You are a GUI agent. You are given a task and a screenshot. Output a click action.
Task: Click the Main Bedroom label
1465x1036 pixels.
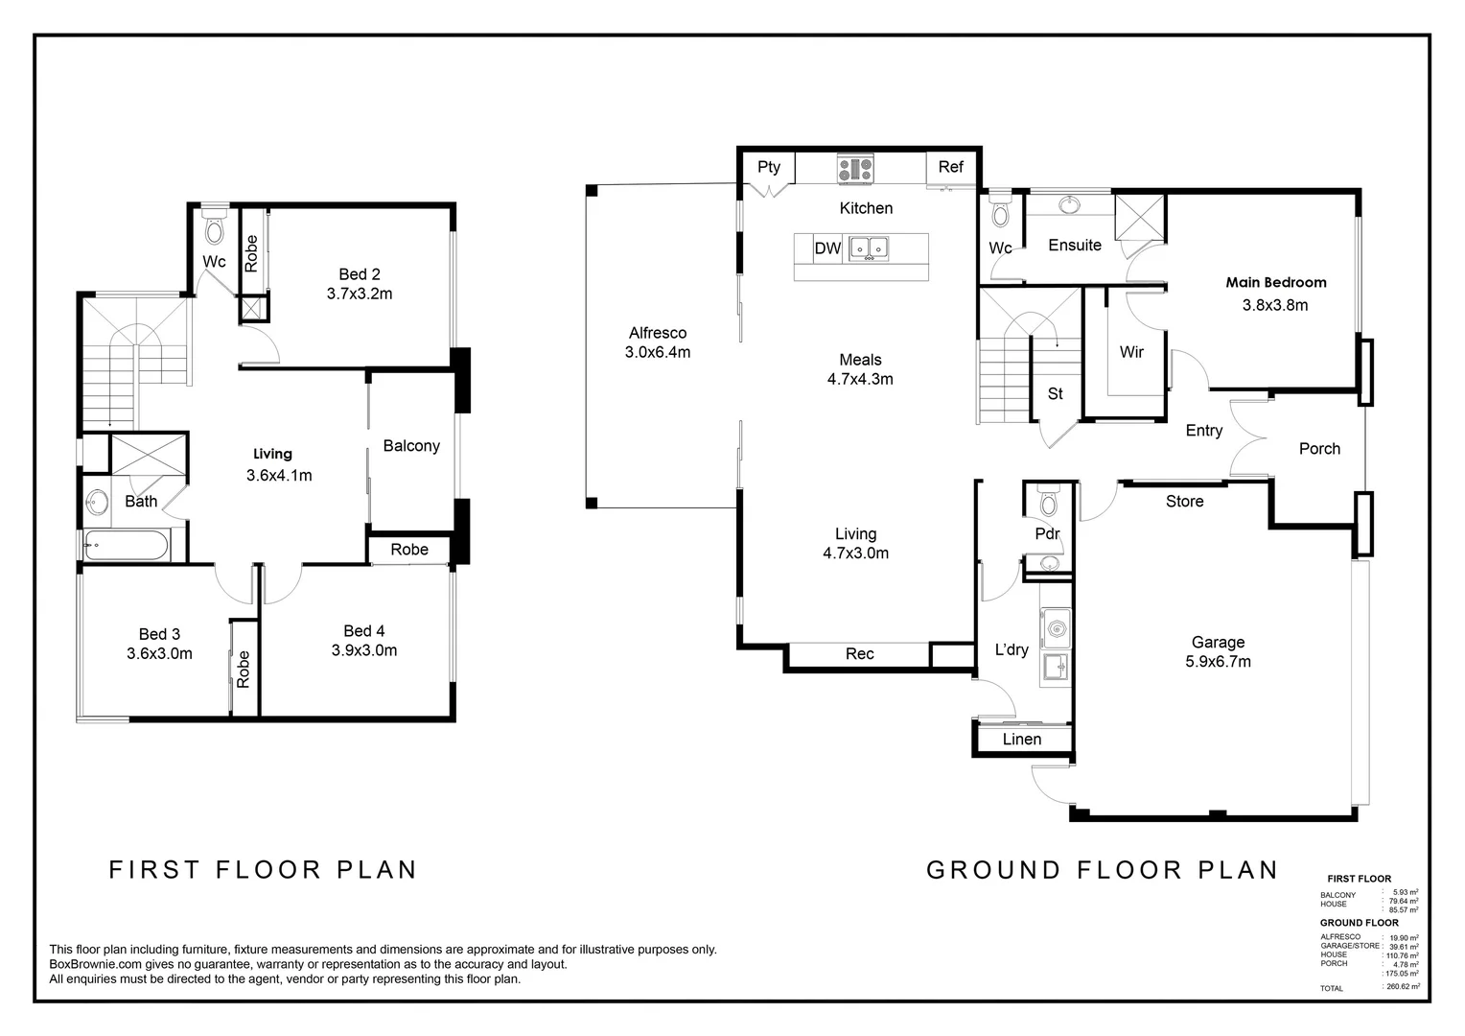click(1275, 282)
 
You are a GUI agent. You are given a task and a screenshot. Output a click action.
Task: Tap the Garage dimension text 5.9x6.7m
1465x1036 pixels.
click(1218, 661)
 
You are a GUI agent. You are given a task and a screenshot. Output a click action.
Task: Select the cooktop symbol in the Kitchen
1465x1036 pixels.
click(855, 170)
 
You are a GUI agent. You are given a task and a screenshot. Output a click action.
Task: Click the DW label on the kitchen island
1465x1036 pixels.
click(827, 248)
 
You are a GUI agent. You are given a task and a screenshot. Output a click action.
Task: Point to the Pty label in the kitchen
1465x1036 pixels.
click(769, 167)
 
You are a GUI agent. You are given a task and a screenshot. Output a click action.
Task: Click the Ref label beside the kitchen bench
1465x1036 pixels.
click(950, 167)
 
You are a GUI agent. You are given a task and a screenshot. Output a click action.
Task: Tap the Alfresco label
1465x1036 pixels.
click(657, 333)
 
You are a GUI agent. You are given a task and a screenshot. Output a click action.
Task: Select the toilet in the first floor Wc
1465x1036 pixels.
click(214, 228)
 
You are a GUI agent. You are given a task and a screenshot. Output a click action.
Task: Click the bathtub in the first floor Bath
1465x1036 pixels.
click(127, 547)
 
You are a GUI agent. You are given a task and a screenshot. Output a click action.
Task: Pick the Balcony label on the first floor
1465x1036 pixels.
click(411, 445)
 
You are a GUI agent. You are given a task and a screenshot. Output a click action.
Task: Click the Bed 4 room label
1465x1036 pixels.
click(364, 630)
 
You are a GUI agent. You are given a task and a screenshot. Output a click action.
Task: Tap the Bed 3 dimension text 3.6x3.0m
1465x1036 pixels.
click(159, 653)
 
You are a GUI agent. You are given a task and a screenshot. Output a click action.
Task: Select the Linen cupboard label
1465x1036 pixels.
click(1021, 739)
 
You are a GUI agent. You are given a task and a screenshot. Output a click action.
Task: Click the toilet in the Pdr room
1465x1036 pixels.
click(1048, 504)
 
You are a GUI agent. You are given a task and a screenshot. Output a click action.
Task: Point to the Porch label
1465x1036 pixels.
click(1319, 448)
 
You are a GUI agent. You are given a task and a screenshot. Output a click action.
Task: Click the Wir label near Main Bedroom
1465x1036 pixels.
click(1131, 352)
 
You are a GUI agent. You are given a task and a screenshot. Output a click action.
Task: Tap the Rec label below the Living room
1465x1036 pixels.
click(859, 653)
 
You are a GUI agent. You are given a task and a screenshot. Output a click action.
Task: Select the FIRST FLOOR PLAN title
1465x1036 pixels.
click(263, 869)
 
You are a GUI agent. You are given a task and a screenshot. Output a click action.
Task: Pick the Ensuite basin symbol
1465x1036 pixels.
click(1067, 204)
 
